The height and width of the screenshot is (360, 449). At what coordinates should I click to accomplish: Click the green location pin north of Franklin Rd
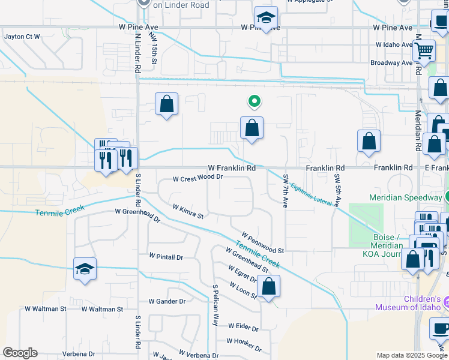click(255, 103)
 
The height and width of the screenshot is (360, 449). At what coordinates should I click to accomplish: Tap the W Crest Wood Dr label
click(197, 178)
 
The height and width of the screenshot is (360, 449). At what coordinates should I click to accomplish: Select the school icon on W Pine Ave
click(265, 18)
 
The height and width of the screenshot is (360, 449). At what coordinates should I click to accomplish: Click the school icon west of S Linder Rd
click(85, 269)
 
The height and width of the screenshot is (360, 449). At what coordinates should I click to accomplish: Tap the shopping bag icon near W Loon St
click(270, 287)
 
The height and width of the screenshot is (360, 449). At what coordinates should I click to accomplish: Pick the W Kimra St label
click(188, 212)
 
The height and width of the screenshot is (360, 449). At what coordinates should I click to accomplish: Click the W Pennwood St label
click(262, 242)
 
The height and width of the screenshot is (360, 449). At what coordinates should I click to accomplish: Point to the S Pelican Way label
click(215, 305)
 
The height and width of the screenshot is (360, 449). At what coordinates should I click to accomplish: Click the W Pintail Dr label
click(166, 256)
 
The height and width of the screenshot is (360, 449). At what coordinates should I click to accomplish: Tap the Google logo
click(20, 353)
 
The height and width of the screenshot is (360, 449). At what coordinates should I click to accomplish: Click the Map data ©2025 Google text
click(411, 355)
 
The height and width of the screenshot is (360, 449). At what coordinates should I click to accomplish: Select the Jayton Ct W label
click(22, 37)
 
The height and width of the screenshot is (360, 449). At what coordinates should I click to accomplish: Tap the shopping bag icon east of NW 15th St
click(167, 104)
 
